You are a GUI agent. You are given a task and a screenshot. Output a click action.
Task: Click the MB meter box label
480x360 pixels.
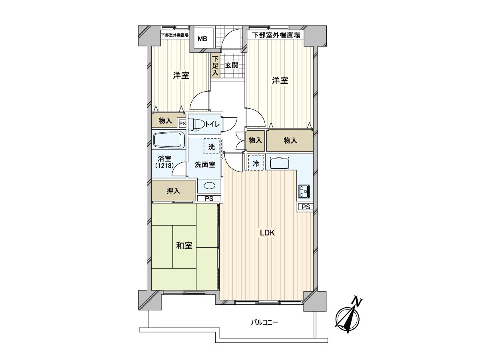202,39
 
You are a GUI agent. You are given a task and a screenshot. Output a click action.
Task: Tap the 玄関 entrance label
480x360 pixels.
232,65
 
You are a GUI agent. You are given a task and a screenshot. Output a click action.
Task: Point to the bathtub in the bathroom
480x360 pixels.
169,140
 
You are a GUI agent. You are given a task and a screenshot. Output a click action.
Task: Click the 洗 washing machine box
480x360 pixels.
212,146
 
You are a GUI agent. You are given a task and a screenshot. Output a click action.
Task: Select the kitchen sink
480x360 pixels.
280,163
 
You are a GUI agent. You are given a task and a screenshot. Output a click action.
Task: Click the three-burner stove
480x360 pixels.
304,192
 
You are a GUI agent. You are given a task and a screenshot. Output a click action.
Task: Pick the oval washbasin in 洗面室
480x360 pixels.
209,186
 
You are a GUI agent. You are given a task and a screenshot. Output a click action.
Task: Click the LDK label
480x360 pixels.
267,233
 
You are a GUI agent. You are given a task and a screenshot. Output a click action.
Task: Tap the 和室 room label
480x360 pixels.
184,246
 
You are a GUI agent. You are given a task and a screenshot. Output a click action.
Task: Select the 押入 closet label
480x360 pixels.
173,191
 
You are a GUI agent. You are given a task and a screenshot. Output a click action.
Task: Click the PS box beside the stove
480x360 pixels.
306,207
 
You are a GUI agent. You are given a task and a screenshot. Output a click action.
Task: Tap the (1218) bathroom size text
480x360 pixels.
164,166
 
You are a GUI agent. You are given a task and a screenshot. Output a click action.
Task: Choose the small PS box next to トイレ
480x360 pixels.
182,124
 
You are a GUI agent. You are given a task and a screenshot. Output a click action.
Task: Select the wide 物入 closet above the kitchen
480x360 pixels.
290,140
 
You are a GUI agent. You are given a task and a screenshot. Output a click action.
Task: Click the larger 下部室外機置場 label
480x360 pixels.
276,35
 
